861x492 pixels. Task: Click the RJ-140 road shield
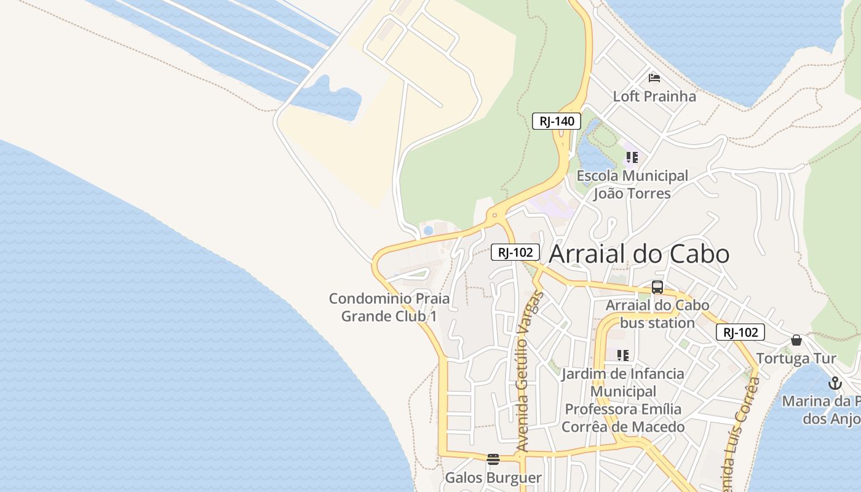(x=557, y=121)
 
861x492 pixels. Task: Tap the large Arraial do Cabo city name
(x=639, y=254)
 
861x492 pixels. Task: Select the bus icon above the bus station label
(x=657, y=287)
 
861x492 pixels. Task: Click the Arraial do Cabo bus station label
(x=657, y=314)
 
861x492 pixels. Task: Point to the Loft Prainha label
(x=654, y=96)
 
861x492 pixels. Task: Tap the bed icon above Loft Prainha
(x=654, y=78)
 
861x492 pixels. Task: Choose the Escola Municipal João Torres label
(x=632, y=184)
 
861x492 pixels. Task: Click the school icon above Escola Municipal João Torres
(x=632, y=157)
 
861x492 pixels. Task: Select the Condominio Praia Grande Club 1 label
(x=389, y=307)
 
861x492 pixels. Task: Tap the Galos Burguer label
(x=493, y=477)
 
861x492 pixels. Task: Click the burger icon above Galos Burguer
(x=493, y=459)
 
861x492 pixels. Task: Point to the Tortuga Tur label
(x=796, y=358)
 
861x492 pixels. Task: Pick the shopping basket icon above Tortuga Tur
(x=796, y=340)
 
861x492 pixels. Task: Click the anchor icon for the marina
(x=835, y=383)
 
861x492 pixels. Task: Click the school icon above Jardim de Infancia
(x=623, y=355)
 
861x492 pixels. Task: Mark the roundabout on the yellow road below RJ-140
(x=494, y=216)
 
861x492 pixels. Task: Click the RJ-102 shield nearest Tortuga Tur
(x=740, y=332)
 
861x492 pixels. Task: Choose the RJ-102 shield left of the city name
(x=515, y=252)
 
